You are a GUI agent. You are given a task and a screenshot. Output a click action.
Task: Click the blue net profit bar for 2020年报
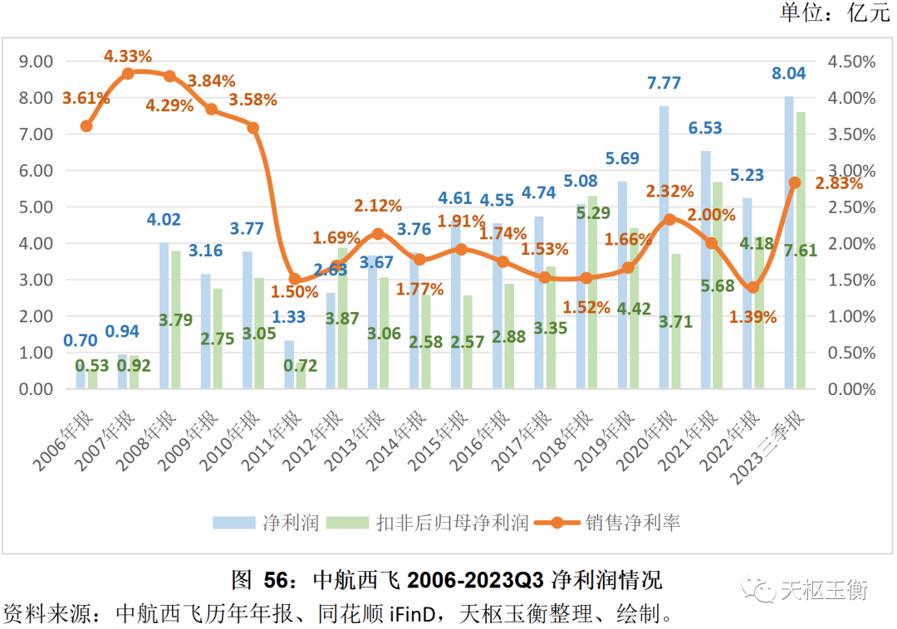pyautogui.click(x=664, y=249)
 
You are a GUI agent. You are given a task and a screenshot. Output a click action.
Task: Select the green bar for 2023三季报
pyautogui.click(x=801, y=249)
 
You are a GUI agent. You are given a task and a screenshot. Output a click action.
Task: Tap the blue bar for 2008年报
pyautogui.click(x=164, y=315)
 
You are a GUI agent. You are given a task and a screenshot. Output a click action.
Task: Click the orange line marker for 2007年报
pyautogui.click(x=128, y=74)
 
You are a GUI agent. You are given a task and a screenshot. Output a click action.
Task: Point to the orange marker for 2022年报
pyautogui.click(x=752, y=287)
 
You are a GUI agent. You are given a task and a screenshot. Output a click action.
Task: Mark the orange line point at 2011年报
pyautogui.click(x=295, y=280)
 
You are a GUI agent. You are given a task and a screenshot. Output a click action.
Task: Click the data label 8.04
pyautogui.click(x=788, y=73)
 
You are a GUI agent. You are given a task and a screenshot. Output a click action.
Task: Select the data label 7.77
pyautogui.click(x=664, y=83)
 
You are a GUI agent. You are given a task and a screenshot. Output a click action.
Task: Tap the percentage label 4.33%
pyautogui.click(x=128, y=56)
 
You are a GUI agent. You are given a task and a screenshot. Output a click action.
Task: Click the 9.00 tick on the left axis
pyautogui.click(x=36, y=61)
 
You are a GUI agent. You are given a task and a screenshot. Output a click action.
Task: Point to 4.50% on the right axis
pyautogui.click(x=853, y=61)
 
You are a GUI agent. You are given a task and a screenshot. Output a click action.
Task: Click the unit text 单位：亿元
pyautogui.click(x=833, y=12)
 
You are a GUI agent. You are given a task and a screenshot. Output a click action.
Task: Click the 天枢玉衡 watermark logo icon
pyautogui.click(x=762, y=590)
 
